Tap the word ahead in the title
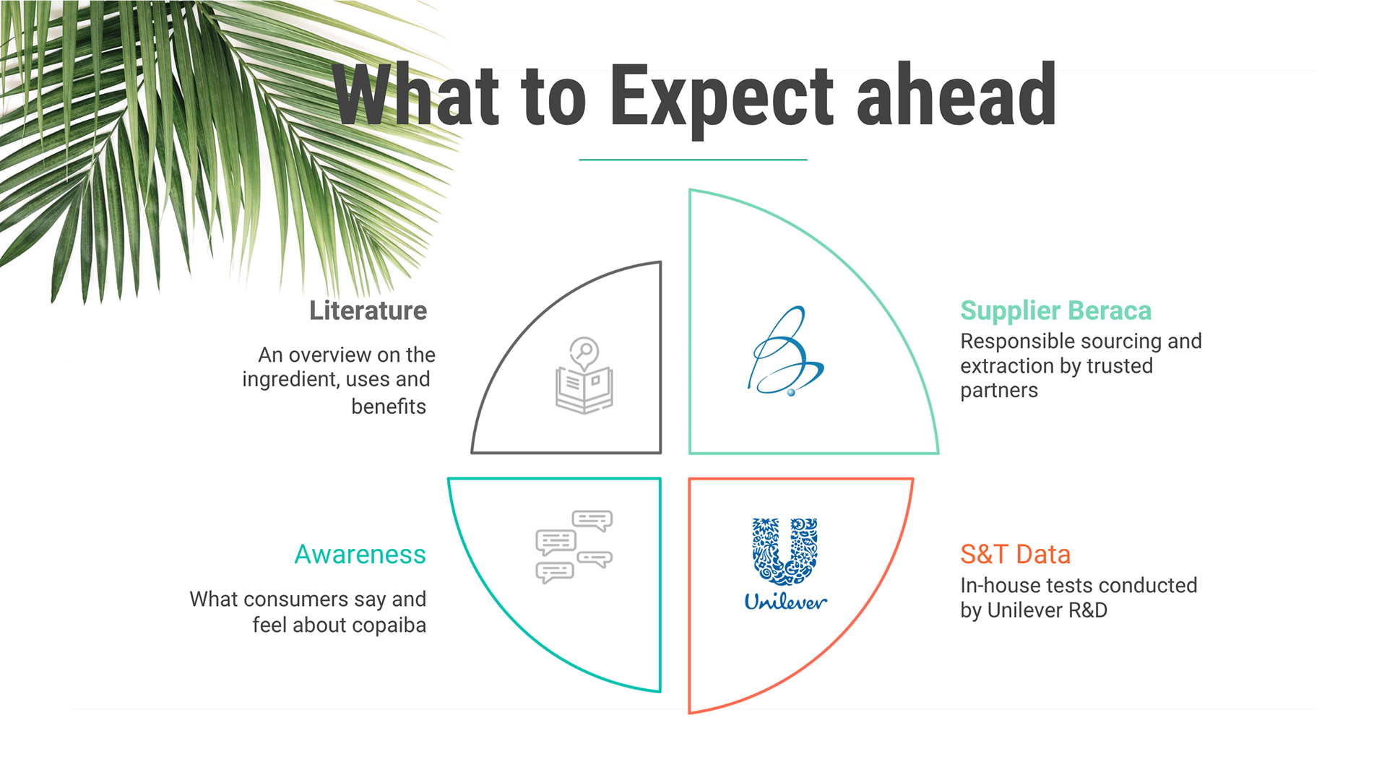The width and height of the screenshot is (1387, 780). click(x=956, y=94)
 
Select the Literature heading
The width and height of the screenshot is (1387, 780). click(x=368, y=311)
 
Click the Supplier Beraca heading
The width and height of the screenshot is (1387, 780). click(x=1055, y=311)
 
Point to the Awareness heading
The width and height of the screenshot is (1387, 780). click(x=360, y=554)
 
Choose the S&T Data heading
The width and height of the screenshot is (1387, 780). click(x=1015, y=554)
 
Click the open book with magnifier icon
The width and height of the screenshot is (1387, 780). click(x=584, y=376)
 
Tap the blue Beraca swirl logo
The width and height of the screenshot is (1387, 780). click(x=786, y=351)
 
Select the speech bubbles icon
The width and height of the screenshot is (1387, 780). click(x=574, y=546)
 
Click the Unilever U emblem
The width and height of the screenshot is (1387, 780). click(x=785, y=551)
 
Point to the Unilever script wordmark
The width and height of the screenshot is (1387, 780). click(x=785, y=602)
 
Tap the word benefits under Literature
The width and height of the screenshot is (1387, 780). click(x=389, y=407)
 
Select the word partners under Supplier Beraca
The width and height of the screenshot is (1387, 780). click(x=999, y=391)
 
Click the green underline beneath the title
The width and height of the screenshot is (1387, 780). click(x=693, y=160)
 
